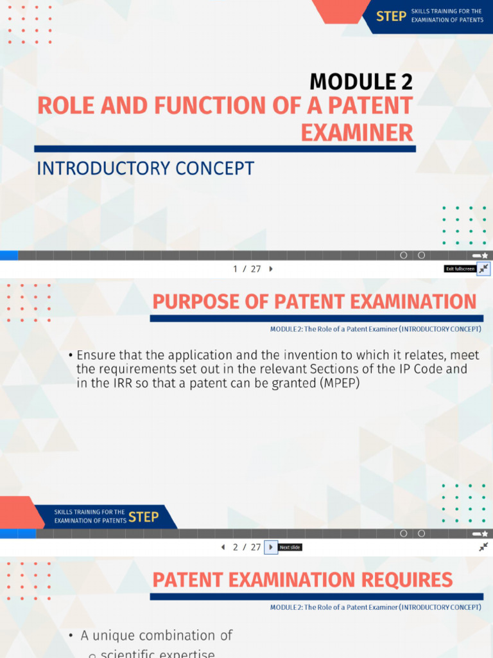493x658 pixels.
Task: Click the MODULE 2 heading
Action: click(361, 82)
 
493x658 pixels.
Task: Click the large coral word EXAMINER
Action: click(357, 132)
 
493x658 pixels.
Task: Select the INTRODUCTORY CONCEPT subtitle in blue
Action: click(146, 168)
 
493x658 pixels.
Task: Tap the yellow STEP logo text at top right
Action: click(390, 16)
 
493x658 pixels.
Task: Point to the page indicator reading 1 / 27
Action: click(247, 269)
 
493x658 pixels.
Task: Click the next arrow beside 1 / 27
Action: click(271, 269)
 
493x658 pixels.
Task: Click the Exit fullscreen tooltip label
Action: click(460, 269)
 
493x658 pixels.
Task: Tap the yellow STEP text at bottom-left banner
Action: click(143, 517)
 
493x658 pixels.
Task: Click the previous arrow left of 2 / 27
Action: click(223, 547)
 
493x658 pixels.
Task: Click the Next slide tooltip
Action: click(290, 547)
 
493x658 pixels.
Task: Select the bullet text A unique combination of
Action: click(156, 636)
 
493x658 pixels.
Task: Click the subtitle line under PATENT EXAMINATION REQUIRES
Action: click(375, 607)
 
